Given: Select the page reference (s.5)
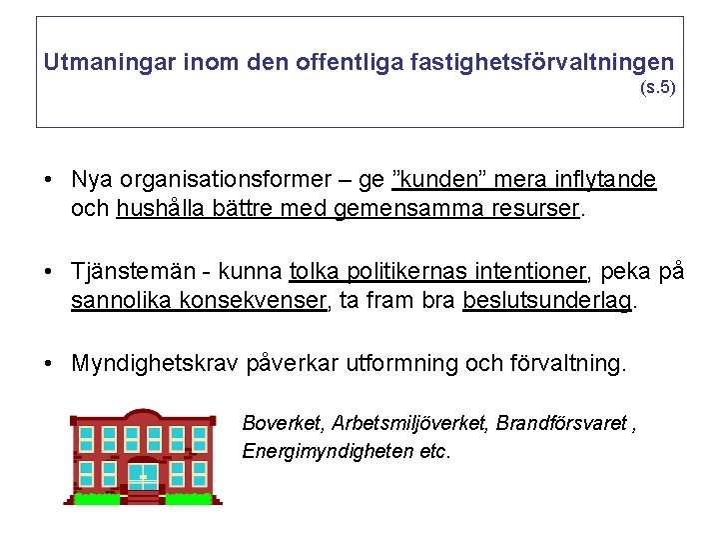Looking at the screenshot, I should (x=657, y=87).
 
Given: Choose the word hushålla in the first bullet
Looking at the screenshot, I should (x=158, y=209).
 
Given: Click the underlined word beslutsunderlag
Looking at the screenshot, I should (x=547, y=301).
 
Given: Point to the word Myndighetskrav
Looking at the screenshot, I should (x=155, y=363).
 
